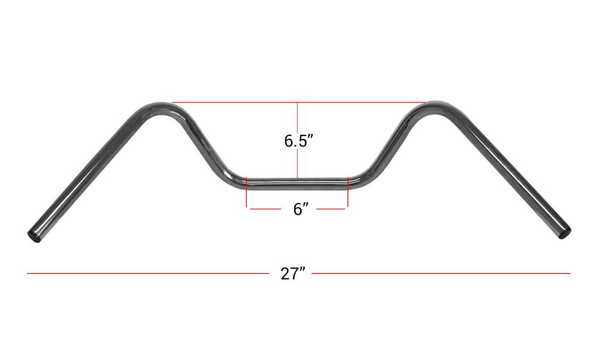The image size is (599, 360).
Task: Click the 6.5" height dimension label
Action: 298,141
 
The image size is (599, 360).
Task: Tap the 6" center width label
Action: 301,209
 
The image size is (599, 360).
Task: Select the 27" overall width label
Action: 293,274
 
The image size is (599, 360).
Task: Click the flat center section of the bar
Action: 297,184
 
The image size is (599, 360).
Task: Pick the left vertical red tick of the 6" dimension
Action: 247,192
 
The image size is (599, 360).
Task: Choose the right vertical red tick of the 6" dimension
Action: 347,192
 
